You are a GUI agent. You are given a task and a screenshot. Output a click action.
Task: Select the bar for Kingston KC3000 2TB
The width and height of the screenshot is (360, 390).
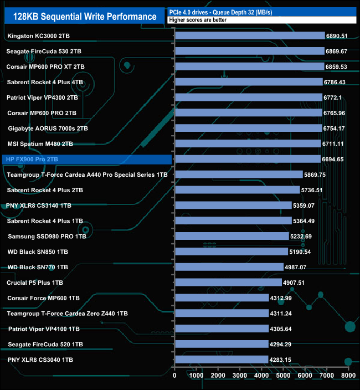249,36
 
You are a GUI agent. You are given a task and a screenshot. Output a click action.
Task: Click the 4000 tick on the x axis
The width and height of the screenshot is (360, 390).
261,376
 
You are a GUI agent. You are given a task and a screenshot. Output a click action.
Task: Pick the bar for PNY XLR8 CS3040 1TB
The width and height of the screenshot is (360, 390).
221,360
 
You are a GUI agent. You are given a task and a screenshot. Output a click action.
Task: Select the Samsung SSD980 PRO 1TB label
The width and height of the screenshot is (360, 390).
47,236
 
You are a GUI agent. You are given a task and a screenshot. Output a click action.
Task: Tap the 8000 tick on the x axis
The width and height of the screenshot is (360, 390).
348,376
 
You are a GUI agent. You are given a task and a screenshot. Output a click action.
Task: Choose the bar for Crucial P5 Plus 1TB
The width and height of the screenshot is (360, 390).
228,283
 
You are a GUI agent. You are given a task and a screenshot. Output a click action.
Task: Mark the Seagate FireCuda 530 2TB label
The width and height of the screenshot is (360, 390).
44,51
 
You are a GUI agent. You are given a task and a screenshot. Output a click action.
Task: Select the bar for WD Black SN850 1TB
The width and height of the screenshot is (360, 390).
231,252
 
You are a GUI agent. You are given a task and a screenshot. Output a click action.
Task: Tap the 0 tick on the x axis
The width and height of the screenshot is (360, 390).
174,376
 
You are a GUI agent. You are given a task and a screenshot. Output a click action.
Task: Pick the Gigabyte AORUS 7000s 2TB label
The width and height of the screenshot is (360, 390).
48,129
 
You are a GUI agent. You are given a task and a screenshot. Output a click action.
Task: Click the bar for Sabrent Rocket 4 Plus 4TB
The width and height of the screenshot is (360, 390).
248,82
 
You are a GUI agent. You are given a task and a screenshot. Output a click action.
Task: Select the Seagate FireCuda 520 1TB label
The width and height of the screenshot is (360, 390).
45,344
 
